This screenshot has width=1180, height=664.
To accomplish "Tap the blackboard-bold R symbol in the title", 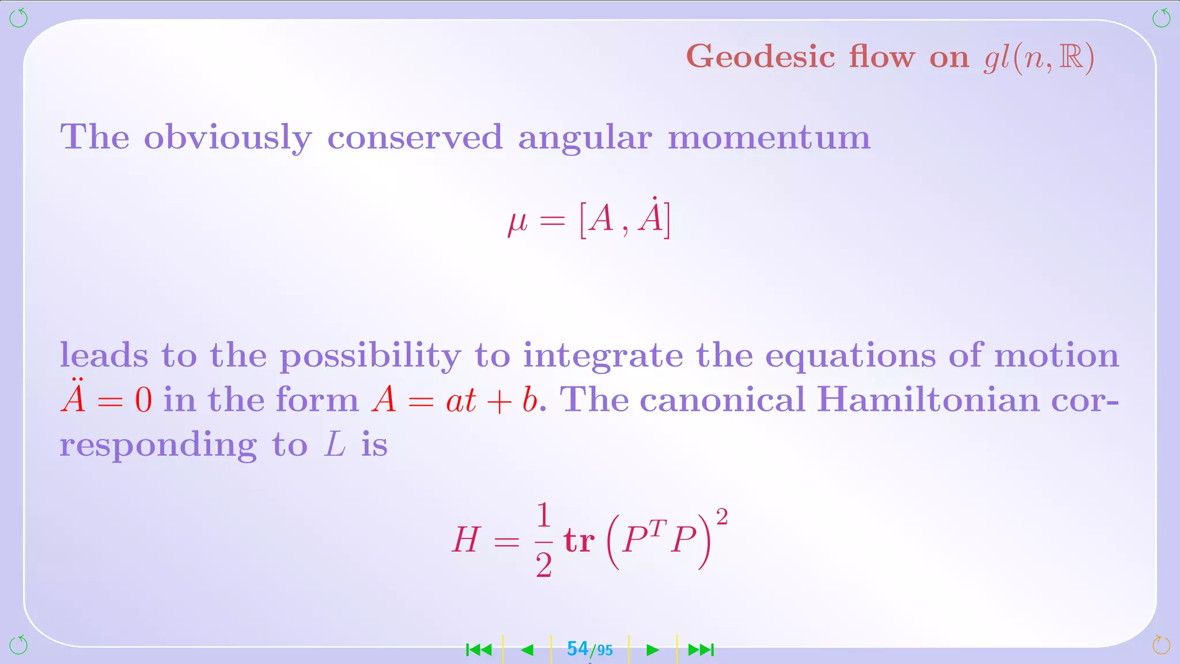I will pos(1071,57).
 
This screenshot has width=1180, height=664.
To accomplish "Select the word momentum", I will pos(769,138).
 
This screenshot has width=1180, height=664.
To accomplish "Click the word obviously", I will pos(228,138).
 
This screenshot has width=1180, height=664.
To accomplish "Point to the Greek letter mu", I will pos(517,221).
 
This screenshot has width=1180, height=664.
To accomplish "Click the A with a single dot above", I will pos(652,217).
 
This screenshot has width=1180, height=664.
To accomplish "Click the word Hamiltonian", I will pos(928,399).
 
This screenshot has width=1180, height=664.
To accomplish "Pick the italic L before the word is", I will pos(335,444).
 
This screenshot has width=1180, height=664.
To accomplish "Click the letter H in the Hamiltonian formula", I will pos(466,540).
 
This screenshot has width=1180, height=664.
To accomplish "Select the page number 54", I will pos(577,649).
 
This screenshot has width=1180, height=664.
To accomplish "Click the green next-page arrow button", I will pos(652,650).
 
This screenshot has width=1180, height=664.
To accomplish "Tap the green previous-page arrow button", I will pos(527,650).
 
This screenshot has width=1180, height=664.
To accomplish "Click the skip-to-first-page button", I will pos(479,650).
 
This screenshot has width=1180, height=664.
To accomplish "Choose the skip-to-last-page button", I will pos(701,650).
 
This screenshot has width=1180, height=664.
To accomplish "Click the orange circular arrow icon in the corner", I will pos(1160,644).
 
